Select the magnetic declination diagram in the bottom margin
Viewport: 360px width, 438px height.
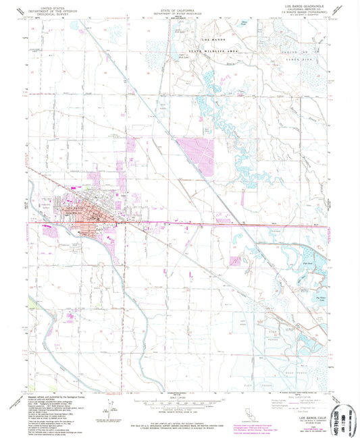click(x=107, y=406)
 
